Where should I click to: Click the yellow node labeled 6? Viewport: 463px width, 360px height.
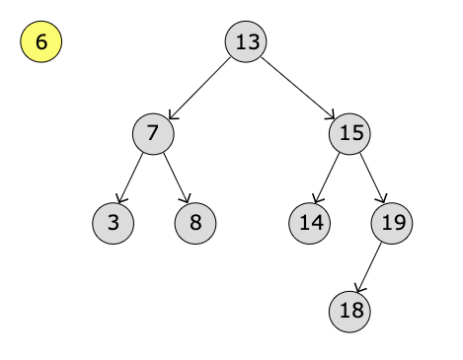41,42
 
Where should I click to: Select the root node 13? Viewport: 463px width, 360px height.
247,42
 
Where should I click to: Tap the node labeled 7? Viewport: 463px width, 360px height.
153,133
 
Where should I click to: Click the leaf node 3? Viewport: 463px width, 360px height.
114,222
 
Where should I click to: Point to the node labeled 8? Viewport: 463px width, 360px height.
195,222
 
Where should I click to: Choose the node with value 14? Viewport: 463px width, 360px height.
310,222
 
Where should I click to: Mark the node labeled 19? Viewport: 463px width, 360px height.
392,222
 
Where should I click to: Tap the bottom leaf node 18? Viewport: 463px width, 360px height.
350,311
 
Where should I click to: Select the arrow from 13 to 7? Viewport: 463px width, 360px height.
200,88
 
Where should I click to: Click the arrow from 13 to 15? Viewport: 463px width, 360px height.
298,88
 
